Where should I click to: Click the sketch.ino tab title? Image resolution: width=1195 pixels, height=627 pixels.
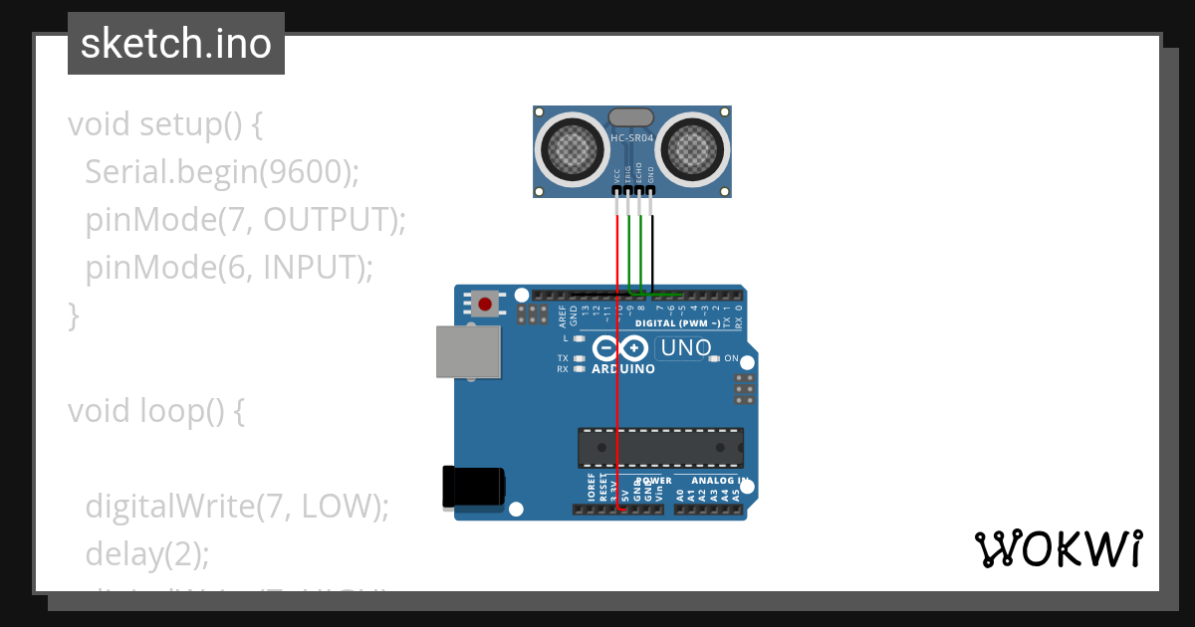tap(175, 44)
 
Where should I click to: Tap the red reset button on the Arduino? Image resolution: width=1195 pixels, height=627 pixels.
tap(486, 304)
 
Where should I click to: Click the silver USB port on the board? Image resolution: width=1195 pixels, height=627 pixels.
tap(468, 352)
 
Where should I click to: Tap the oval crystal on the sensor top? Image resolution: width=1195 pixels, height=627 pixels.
tap(631, 117)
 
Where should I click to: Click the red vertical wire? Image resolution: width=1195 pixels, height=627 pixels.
tap(617, 378)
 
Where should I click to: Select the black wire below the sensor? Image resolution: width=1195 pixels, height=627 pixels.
tap(653, 249)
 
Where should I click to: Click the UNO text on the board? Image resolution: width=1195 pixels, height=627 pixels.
tap(687, 348)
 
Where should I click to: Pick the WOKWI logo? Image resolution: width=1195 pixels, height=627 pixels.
tap(1058, 548)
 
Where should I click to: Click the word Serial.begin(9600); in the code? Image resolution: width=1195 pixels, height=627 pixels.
tap(221, 172)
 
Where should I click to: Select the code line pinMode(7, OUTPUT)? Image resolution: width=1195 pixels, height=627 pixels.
tap(246, 220)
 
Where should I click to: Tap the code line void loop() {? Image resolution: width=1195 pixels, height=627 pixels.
tap(155, 411)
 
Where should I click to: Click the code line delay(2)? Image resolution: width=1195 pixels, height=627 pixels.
tap(147, 553)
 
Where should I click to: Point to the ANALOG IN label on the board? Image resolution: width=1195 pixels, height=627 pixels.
tap(713, 481)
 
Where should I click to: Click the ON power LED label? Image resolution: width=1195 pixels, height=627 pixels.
tap(731, 358)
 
